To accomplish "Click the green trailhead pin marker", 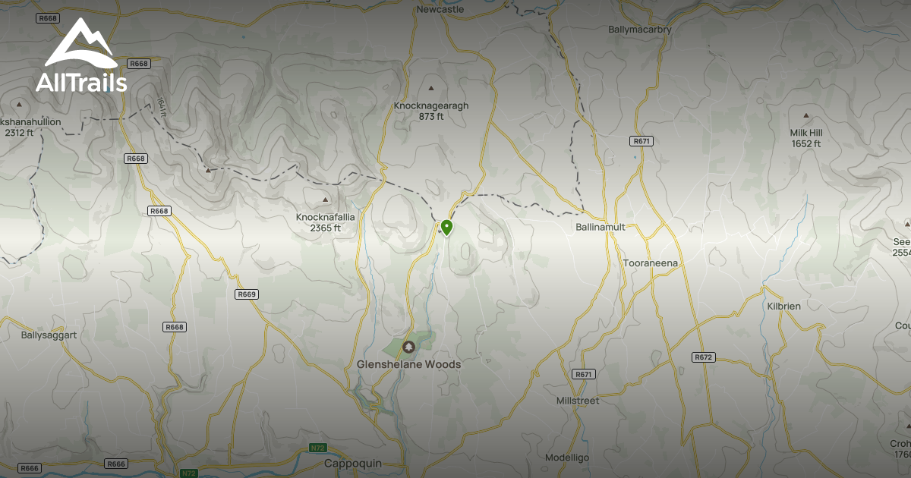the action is (446, 227).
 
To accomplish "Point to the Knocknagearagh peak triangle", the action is (431, 89).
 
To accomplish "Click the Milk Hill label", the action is (806, 133).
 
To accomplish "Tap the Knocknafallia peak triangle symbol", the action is (326, 200).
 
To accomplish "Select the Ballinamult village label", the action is (600, 227).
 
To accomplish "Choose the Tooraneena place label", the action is (650, 263).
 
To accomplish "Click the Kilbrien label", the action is (783, 306).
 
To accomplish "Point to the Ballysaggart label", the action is (49, 335).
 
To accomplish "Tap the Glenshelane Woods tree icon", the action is (408, 347).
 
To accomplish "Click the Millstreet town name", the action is (578, 401).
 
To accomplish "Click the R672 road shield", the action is (704, 357).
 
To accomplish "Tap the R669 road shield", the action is (247, 294).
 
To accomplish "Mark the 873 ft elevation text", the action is (431, 117).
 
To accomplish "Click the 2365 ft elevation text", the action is (325, 228).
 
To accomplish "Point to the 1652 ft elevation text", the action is (806, 144).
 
